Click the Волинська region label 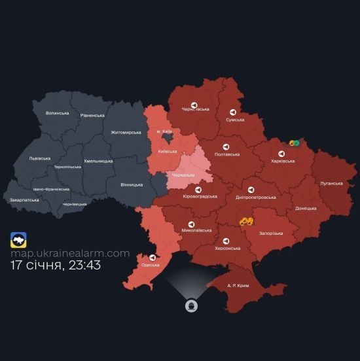pos(57,113)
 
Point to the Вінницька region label pos(132,184)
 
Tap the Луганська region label pos(331,183)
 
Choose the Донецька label pos(306,209)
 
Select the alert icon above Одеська pos(153,257)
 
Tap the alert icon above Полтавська pos(226,146)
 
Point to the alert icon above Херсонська pos(226,240)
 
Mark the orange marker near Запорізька pos(246,222)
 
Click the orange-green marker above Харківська pos(294,143)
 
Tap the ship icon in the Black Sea pos(190,306)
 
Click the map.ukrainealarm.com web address pos(69,253)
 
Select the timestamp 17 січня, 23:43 pos(56,266)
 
